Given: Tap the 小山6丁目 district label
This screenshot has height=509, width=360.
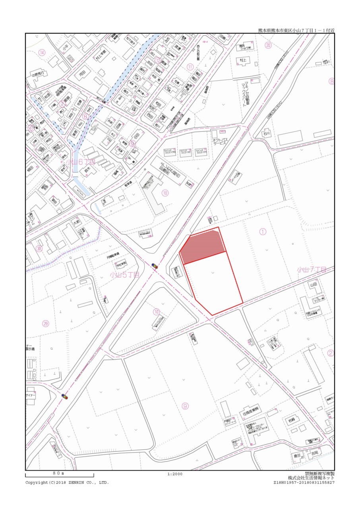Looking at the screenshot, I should [81, 162].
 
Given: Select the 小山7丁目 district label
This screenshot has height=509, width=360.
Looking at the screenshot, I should [312, 270].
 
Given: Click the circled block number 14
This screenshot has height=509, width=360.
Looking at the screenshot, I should [42, 52].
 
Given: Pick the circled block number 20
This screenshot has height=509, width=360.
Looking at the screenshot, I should [269, 45].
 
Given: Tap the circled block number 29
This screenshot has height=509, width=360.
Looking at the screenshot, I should [46, 324].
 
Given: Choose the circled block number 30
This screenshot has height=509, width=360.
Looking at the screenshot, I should [39, 249].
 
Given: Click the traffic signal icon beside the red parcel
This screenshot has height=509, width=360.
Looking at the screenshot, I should [154, 266].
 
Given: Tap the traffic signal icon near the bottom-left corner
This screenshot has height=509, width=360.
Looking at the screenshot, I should [64, 396].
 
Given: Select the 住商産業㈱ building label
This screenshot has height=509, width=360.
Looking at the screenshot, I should [250, 409].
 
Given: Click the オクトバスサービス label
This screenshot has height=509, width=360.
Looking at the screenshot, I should [219, 142].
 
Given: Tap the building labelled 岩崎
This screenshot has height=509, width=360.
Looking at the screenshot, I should [292, 420].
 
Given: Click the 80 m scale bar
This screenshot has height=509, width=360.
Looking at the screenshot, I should [60, 475].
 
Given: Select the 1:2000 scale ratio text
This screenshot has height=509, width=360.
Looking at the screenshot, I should [175, 474].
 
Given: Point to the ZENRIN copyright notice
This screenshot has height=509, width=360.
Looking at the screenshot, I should [67, 482].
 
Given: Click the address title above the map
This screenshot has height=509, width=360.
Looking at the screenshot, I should [296, 30].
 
